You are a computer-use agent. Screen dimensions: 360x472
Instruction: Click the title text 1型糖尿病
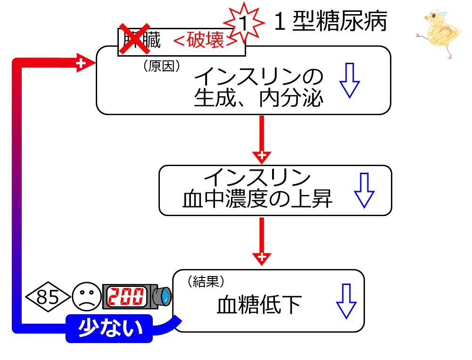click(330, 21)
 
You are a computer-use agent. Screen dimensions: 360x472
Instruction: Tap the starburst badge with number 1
click(243, 21)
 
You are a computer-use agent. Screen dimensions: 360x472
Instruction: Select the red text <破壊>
click(205, 42)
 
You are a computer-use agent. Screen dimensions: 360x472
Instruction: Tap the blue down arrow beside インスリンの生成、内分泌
click(350, 81)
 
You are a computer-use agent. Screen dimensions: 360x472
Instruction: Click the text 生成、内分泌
click(259, 99)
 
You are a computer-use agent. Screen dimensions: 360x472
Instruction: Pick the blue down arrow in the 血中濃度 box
click(364, 190)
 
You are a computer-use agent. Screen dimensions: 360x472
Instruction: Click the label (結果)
click(205, 282)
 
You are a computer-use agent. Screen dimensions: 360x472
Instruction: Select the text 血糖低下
click(259, 305)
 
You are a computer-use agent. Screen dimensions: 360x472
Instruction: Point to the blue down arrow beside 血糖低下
click(346, 301)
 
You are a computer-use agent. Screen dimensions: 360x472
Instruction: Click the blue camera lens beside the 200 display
click(164, 296)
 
